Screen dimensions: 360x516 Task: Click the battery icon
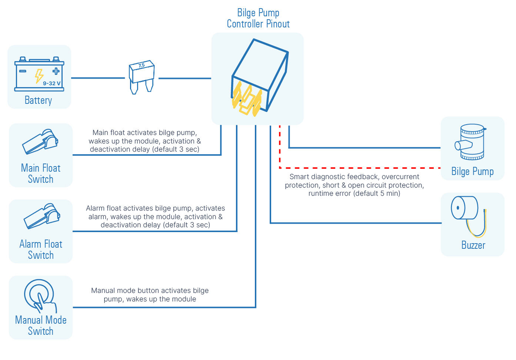tap(39, 74)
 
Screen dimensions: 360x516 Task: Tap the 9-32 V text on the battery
tap(51, 83)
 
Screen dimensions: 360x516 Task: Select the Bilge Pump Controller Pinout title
tap(258, 19)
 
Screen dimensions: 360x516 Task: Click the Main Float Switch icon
tap(40, 142)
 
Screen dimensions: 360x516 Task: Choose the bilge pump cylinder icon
tap(471, 142)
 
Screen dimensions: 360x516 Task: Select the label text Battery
tap(38, 100)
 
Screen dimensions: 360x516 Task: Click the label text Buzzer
tap(473, 245)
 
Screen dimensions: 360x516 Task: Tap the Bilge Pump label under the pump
tap(472, 172)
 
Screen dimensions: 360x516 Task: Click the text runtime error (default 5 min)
tap(354, 193)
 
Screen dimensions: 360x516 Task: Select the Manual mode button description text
tap(150, 295)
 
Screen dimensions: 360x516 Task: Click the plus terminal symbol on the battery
tap(56, 71)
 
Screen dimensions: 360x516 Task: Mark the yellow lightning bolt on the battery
tap(39, 76)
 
